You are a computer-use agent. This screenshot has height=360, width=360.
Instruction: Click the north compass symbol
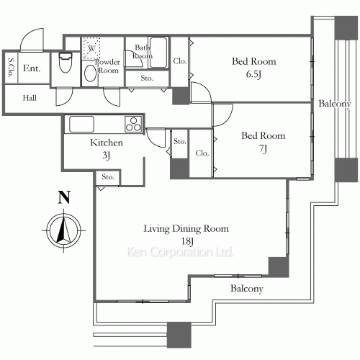63,230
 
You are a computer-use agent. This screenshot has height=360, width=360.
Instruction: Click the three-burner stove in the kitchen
132,124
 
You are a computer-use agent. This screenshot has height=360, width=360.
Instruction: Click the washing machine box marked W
91,48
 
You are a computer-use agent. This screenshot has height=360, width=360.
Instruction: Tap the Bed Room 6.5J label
253,67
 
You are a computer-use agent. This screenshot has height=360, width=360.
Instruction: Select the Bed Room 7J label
263,142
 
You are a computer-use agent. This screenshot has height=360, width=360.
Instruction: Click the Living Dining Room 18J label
186,235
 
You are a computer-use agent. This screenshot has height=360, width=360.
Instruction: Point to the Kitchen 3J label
106,148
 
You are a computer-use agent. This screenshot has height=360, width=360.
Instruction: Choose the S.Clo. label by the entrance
12,68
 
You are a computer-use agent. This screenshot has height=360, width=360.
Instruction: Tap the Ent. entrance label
32,69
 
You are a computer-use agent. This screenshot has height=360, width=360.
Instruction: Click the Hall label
30,98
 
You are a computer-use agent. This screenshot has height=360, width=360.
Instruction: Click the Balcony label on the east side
335,105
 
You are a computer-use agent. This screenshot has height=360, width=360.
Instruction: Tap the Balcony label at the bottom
246,289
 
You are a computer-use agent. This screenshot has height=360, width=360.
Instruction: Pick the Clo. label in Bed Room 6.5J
180,62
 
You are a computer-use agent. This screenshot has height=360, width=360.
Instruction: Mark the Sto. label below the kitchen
108,176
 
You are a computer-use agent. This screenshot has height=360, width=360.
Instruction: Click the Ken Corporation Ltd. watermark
181,253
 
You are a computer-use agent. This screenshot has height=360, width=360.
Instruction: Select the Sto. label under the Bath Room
146,77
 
